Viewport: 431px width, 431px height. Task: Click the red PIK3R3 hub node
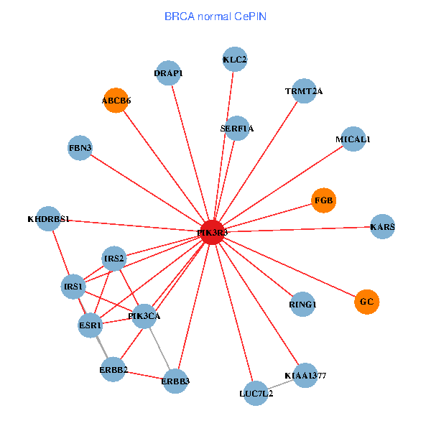pyautogui.click(x=212, y=232)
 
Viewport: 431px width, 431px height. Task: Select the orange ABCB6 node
pyautogui.click(x=116, y=101)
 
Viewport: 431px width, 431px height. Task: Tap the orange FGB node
pyautogui.click(x=324, y=200)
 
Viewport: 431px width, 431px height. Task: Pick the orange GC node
pyautogui.click(x=366, y=302)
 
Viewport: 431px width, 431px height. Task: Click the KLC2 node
pyautogui.click(x=235, y=60)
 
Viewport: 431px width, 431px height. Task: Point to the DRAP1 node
pyautogui.click(x=168, y=73)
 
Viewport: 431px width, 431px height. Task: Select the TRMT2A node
pyautogui.click(x=305, y=91)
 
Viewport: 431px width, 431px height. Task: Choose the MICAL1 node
pyautogui.click(x=353, y=139)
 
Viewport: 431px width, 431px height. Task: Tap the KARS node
pyautogui.click(x=383, y=227)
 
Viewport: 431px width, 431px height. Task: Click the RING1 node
pyautogui.click(x=302, y=305)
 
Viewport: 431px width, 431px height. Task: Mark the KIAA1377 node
pyautogui.click(x=305, y=375)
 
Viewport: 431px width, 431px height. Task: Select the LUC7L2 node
pyautogui.click(x=256, y=393)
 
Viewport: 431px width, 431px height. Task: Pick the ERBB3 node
pyautogui.click(x=175, y=381)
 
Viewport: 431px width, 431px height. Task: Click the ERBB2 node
pyautogui.click(x=113, y=370)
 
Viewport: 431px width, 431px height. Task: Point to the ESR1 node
pyautogui.click(x=91, y=325)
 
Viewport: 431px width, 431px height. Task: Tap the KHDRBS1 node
pyautogui.click(x=48, y=218)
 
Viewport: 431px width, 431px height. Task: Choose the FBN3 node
pyautogui.click(x=80, y=148)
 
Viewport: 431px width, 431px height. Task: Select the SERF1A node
pyautogui.click(x=237, y=129)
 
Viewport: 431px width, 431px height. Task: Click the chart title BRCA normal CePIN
pyautogui.click(x=215, y=16)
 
